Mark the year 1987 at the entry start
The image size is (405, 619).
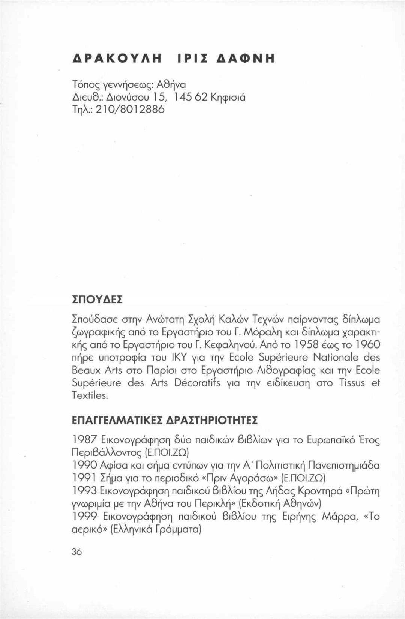click(x=84, y=439)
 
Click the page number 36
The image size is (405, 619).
click(x=76, y=551)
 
